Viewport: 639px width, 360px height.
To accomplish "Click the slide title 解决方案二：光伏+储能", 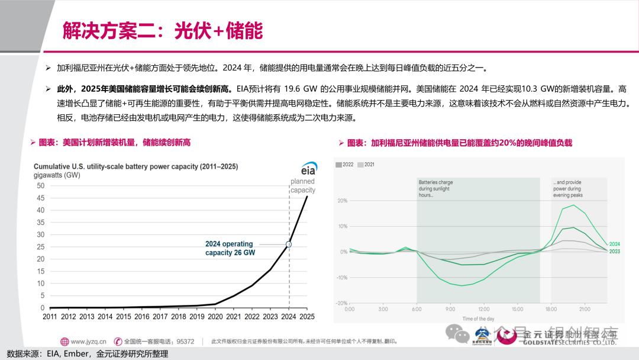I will (163, 31).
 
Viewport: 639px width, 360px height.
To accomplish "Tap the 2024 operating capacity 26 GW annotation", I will (230, 248).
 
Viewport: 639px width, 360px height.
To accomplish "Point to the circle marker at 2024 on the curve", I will (289, 244).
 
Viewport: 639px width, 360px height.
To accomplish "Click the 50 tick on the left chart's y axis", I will (41, 185).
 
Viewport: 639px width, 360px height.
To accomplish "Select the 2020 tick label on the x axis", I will (215, 317).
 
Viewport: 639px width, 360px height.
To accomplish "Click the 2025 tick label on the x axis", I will (306, 317).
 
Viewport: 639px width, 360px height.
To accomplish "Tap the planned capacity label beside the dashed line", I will (303, 186).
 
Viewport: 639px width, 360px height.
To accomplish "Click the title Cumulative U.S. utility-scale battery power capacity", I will (135, 167).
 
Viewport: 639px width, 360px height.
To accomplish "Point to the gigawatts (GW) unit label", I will (57, 175).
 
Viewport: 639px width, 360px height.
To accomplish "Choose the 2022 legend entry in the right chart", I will (345, 164).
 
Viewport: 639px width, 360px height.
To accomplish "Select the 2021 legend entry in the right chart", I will (367, 164).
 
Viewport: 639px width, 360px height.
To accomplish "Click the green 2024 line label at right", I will (614, 243).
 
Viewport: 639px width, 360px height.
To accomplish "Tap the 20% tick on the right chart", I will (342, 201).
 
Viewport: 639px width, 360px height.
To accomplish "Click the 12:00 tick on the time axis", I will (484, 309).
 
